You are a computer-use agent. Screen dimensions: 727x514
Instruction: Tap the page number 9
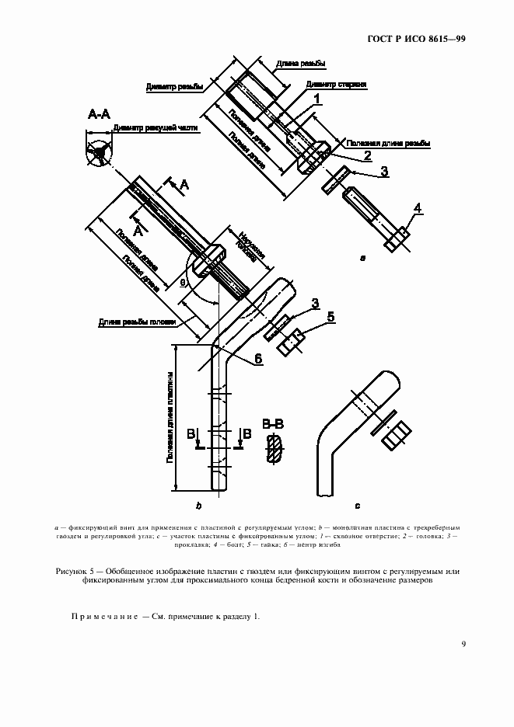tap(463, 643)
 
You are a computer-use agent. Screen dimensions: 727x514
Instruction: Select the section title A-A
tap(98, 115)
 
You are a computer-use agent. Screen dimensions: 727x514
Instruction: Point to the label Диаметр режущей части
tap(156, 129)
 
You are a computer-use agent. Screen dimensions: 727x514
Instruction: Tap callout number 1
tap(317, 98)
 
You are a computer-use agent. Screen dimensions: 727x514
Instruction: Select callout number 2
tap(366, 155)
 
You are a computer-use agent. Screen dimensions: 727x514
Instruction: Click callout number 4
tap(418, 208)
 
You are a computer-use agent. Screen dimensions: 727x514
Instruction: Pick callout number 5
tap(330, 316)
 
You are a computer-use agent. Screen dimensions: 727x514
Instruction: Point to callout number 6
tap(257, 359)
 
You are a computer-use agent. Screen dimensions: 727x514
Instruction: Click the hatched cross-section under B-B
tap(274, 449)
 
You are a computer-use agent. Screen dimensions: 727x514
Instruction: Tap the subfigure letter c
tap(356, 506)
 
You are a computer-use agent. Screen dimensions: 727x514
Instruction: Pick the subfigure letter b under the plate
tap(199, 506)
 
